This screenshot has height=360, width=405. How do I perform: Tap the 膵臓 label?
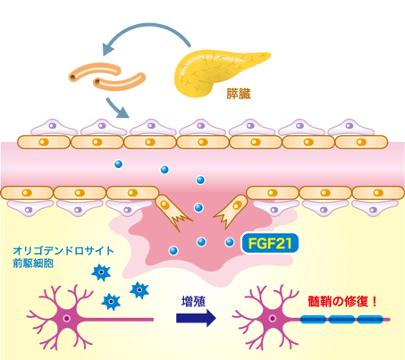tap(239, 94)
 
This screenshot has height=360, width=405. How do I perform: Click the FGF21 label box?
tap(270, 243)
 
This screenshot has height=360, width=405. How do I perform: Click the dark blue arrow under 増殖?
tap(196, 318)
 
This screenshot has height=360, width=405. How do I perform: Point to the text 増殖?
tap(193, 302)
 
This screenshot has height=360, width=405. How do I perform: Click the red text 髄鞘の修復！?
tap(342, 302)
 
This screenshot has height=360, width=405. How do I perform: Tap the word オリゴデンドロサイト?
tap(63, 251)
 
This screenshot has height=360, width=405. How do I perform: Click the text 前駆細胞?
tap(33, 264)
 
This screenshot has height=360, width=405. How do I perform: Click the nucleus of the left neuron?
tap(67, 319)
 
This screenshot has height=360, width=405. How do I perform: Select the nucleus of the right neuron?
tap(272, 318)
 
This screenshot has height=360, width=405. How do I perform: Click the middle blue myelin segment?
tap(342, 320)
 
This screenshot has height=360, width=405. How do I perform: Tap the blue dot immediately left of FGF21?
tap(230, 242)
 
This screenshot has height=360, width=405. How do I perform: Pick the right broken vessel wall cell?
tap(231, 212)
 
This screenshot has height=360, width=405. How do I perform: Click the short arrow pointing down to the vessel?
tap(117, 108)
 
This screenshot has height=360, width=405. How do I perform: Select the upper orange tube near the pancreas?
tap(95, 71)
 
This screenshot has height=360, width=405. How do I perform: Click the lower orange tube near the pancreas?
tap(119, 81)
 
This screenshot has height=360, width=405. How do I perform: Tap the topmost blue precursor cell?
tap(101, 272)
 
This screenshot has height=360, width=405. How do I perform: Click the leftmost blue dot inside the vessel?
tap(118, 164)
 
